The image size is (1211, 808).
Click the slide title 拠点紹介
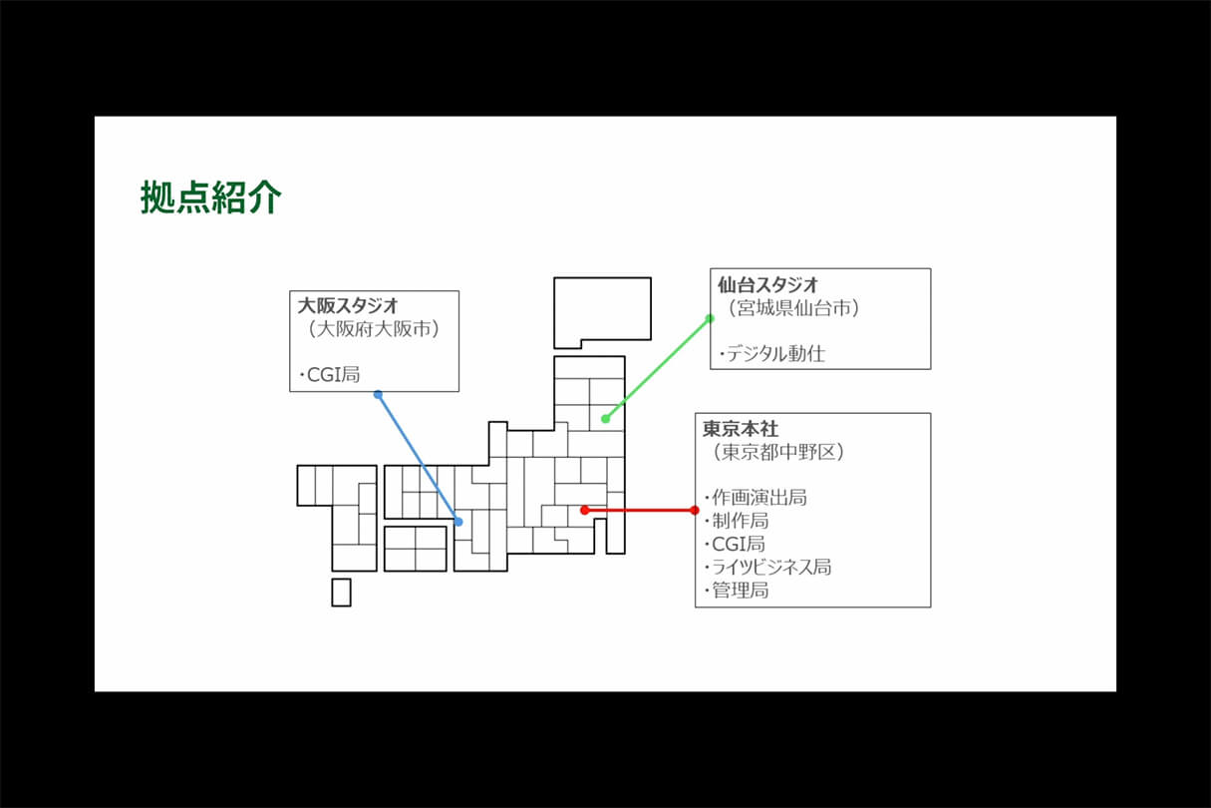[211, 197]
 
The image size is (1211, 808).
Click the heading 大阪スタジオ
[348, 306]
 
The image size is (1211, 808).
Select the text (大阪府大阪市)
[373, 329]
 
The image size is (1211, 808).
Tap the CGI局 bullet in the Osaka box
[329, 374]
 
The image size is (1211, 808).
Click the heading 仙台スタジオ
[767, 284]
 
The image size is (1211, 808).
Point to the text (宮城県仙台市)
[793, 308]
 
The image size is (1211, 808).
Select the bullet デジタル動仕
[772, 354]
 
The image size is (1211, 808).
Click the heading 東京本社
[741, 429]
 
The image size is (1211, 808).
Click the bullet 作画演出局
[756, 498]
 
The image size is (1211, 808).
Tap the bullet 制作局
[736, 521]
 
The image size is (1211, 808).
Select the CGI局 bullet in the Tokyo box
[735, 544]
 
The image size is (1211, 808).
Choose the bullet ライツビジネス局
[767, 568]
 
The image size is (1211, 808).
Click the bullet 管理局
[736, 590]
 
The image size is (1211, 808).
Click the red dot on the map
[584, 510]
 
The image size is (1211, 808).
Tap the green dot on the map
[606, 418]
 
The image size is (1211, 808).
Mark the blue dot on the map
[458, 522]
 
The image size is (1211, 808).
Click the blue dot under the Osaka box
[378, 395]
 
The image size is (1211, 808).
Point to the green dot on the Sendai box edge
[710, 319]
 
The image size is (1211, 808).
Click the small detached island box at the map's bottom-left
[341, 593]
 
